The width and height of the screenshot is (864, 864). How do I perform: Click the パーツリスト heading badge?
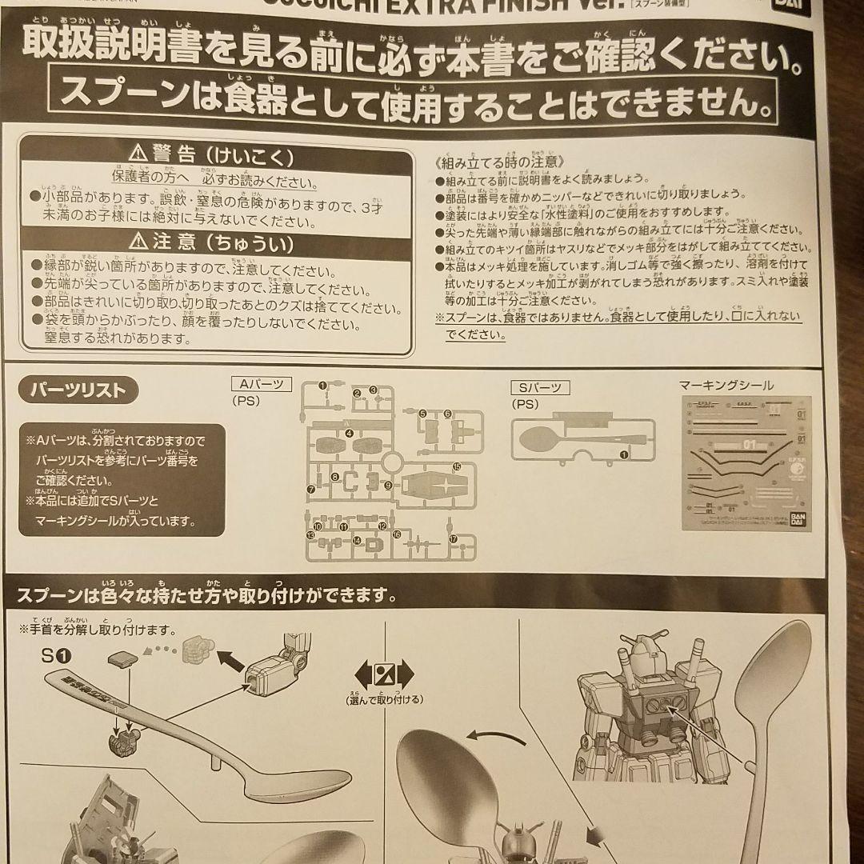(x=78, y=391)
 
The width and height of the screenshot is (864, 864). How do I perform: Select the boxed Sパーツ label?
(x=540, y=388)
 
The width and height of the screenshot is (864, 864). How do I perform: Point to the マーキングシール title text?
(x=726, y=385)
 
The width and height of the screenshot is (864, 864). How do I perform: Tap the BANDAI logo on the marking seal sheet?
(x=798, y=518)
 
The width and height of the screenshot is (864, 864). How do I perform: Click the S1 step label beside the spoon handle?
(x=58, y=655)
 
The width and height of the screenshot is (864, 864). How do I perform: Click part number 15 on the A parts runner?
(x=457, y=466)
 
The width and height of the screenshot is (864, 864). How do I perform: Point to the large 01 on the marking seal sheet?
(x=749, y=444)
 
